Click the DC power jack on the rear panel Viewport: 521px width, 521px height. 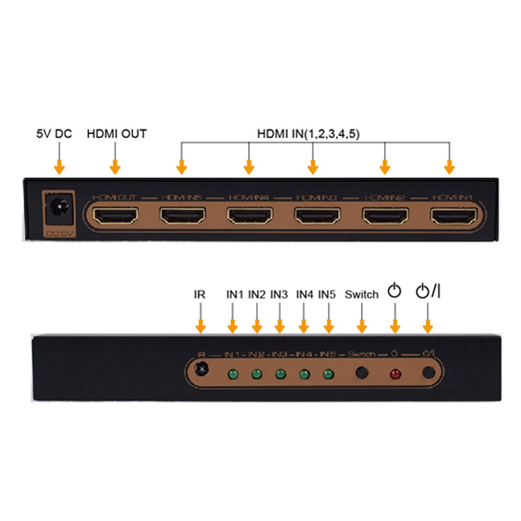click(57, 210)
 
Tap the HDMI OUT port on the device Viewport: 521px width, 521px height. click(115, 215)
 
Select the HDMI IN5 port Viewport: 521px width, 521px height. click(182, 215)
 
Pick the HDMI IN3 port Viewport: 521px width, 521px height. click(317, 215)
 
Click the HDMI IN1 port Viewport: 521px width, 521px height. click(453, 215)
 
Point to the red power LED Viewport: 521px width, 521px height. click(395, 374)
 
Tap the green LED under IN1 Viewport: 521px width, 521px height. click(232, 374)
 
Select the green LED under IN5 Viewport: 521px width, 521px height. click(328, 374)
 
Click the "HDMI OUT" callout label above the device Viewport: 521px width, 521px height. click(117, 134)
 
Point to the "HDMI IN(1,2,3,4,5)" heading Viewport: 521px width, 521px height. click(308, 134)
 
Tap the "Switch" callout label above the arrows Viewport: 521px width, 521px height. click(362, 295)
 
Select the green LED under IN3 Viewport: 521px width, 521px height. click(280, 374)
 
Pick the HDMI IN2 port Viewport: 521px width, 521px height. click(386, 215)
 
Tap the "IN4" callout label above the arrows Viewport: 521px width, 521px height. click(304, 295)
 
